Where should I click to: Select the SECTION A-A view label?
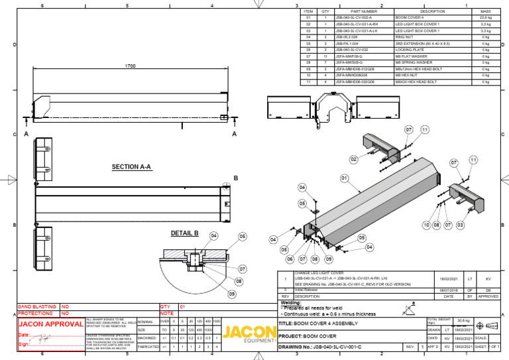pos(133,166)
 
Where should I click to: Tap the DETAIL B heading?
pos(185,233)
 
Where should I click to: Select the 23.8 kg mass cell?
pos(485,18)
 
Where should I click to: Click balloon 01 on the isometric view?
pos(345,178)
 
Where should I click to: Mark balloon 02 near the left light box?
pos(354,160)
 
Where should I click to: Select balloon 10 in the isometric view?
pos(427,226)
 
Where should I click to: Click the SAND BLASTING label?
pos(37,307)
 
